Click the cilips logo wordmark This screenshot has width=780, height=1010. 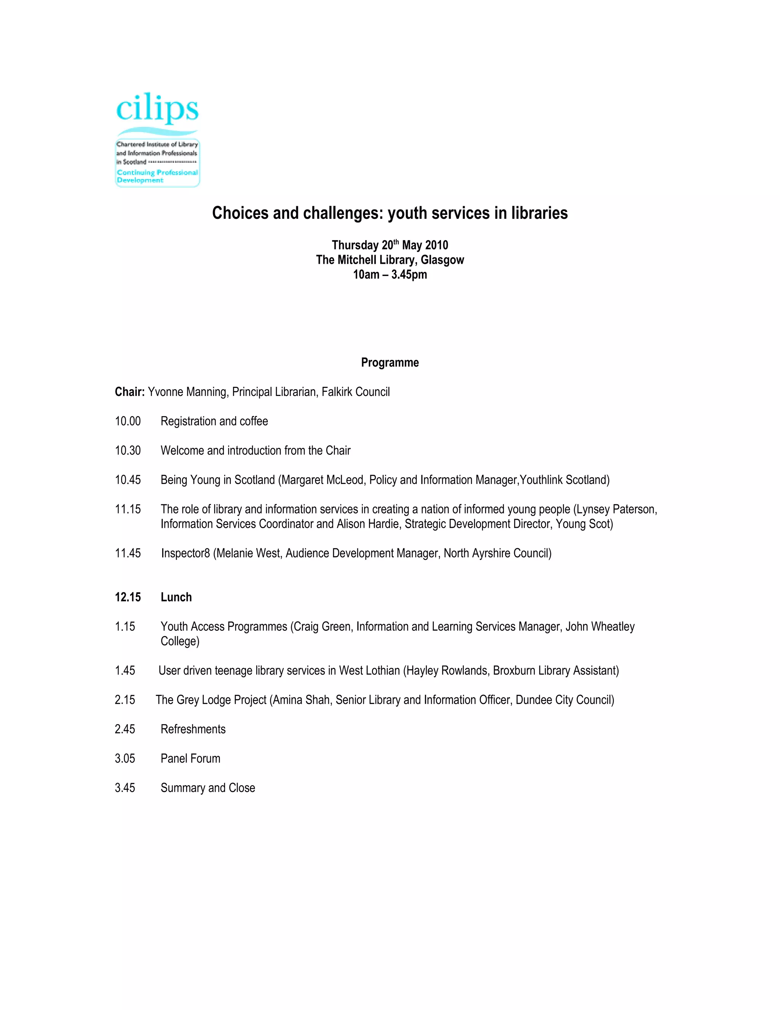[157, 109]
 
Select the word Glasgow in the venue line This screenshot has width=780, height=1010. [442, 260]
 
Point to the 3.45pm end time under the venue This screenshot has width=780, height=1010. [409, 275]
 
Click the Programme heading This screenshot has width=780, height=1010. [390, 362]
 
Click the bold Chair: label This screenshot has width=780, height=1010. [130, 392]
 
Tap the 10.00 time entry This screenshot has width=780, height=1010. [128, 421]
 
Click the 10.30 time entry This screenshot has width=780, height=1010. [128, 451]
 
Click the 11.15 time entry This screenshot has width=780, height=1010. [128, 510]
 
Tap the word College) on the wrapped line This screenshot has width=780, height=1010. [180, 641]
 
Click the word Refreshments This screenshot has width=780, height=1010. [193, 729]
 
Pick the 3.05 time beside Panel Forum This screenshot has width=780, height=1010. [125, 759]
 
